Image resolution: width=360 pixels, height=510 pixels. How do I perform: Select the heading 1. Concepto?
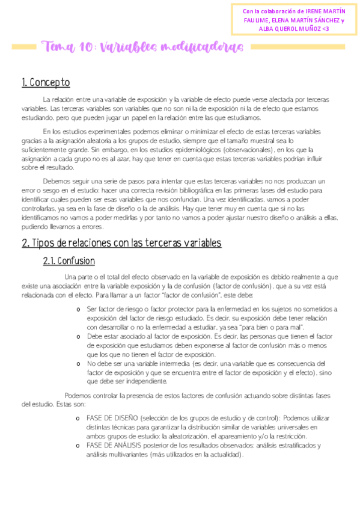46,82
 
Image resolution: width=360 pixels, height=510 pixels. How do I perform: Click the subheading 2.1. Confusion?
69,261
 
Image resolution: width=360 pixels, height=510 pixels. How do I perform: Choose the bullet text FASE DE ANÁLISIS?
114,446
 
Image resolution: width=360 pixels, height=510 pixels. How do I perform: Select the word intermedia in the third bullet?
171,364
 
